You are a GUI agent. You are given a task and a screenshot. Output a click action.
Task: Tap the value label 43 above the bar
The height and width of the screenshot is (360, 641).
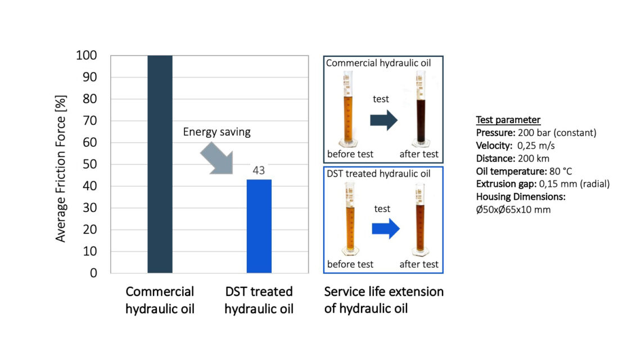(259, 170)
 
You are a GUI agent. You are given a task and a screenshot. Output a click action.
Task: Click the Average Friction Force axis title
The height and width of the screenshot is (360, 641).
(61, 164)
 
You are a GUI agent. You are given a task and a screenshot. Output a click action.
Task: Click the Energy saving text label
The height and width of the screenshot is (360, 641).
(216, 133)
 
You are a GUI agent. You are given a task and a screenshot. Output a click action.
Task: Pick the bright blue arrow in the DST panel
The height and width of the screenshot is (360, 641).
(385, 229)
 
